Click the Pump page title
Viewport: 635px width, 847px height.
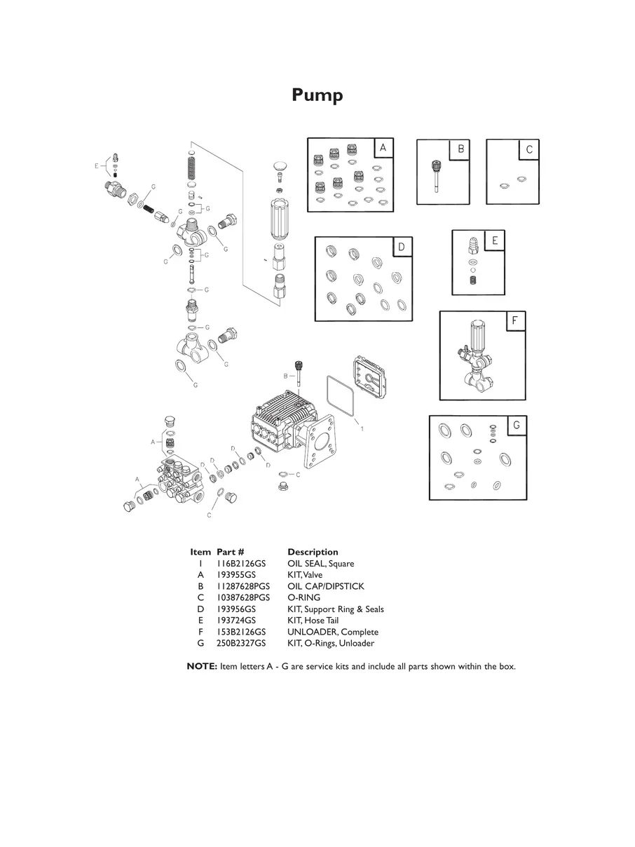click(317, 95)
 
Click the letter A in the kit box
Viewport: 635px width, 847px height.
click(383, 148)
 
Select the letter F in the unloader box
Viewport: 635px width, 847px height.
click(515, 321)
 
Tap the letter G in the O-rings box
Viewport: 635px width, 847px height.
click(517, 425)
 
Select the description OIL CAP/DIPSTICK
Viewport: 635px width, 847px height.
click(325, 586)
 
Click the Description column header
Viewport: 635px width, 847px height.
click(313, 552)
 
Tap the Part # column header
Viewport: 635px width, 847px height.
click(230, 552)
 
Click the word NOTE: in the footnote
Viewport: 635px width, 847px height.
click(202, 666)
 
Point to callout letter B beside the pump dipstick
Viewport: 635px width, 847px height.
click(285, 377)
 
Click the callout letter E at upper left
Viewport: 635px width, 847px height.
click(96, 166)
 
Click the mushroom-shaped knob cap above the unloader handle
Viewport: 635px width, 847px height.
click(280, 168)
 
